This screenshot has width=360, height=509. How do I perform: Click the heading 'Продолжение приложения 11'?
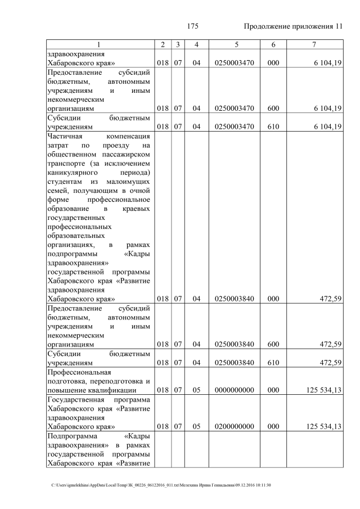click(x=292, y=26)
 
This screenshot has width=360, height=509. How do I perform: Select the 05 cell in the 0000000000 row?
click(x=196, y=389)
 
